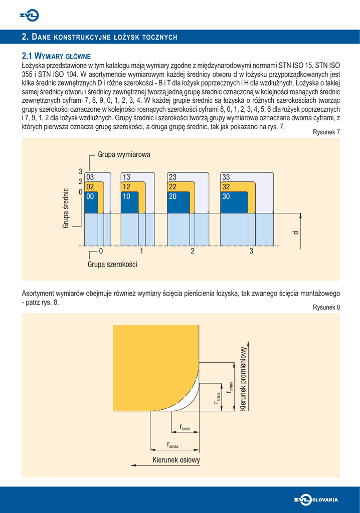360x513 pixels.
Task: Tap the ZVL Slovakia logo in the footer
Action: pyautogui.click(x=316, y=499)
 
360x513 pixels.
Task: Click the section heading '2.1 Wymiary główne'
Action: pyautogui.click(x=56, y=56)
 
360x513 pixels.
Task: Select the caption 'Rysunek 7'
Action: pyautogui.click(x=326, y=132)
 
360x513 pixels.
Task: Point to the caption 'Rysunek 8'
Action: pyautogui.click(x=326, y=307)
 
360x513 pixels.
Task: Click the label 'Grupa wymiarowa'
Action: pyautogui.click(x=124, y=155)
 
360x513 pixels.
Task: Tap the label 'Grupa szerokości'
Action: pyautogui.click(x=112, y=264)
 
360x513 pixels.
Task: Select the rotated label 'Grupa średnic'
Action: pyautogui.click(x=66, y=208)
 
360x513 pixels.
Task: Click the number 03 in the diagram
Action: pyautogui.click(x=90, y=177)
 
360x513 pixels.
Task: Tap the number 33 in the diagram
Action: pyautogui.click(x=226, y=177)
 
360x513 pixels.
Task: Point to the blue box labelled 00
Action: pyautogui.click(x=91, y=197)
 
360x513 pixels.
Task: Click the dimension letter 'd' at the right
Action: pyautogui.click(x=296, y=233)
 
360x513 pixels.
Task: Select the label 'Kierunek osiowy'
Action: pyautogui.click(x=176, y=460)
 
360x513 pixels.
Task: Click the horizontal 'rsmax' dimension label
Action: pyautogui.click(x=173, y=444)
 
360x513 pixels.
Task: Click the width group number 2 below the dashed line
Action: pyautogui.click(x=193, y=251)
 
